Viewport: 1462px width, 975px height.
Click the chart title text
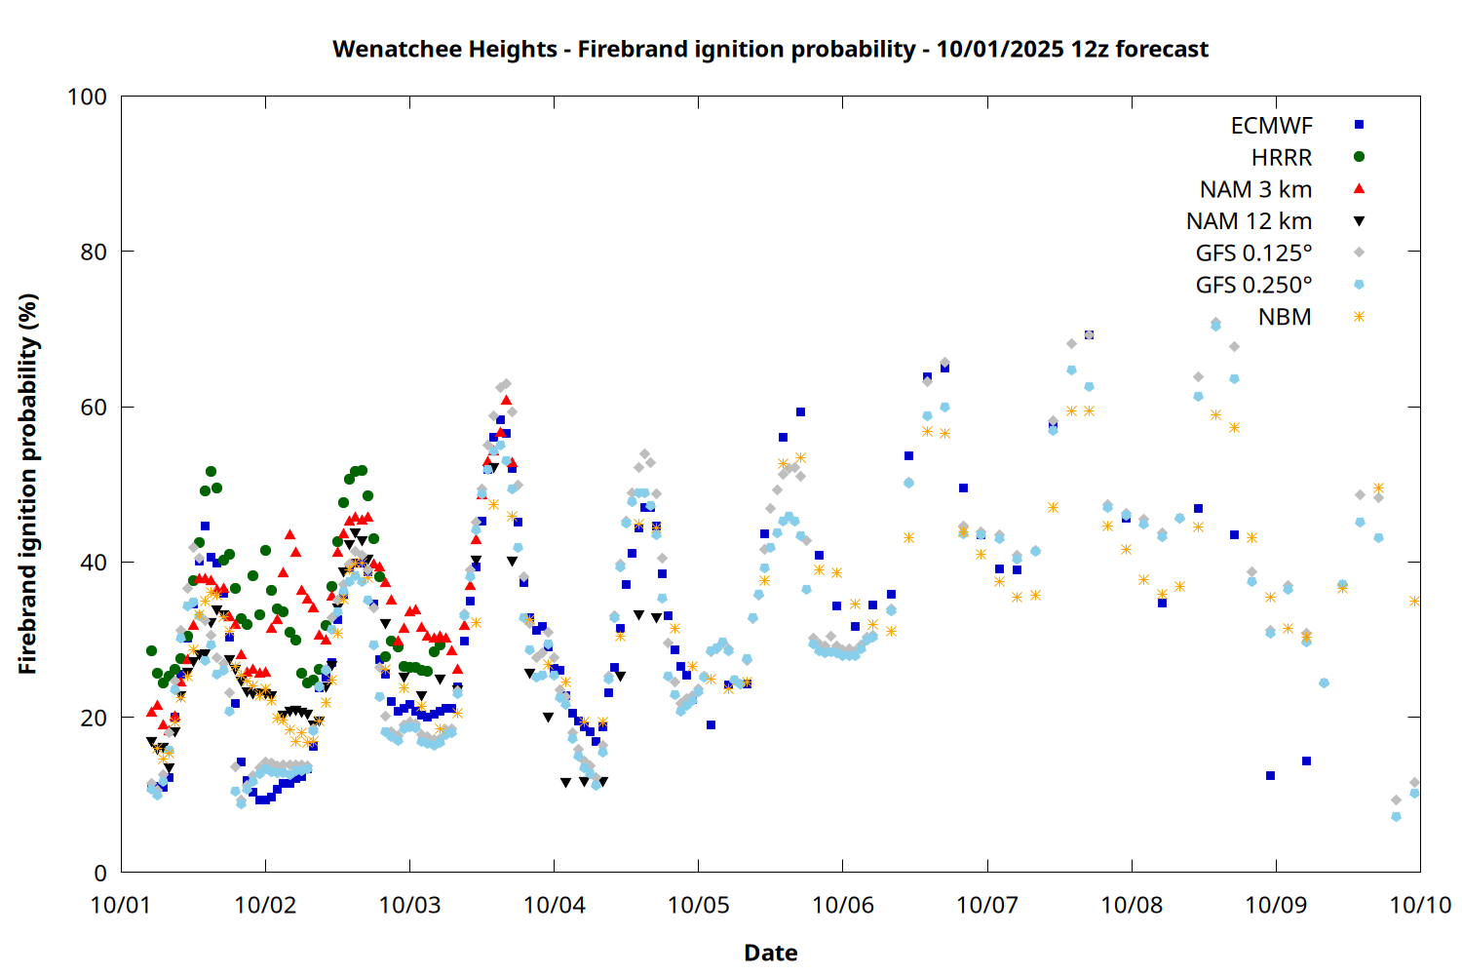pos(770,49)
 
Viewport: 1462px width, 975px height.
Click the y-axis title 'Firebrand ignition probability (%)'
pos(28,485)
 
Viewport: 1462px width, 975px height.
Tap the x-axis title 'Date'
pos(770,953)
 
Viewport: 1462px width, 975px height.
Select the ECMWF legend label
pos(1271,126)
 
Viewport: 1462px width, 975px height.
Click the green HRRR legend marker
pos(1359,157)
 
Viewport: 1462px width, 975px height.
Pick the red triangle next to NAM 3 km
pos(1359,188)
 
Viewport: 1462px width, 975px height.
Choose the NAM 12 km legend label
pos(1249,221)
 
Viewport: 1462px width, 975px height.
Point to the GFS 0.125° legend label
pos(1253,253)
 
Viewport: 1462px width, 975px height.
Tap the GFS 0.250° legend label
pos(1253,285)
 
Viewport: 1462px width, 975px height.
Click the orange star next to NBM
pos(1359,316)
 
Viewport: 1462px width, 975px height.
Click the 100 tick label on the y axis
pos(87,97)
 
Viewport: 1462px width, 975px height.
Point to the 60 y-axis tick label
pos(94,407)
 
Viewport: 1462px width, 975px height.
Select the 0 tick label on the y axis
pos(100,873)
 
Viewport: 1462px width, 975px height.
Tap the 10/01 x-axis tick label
pos(121,905)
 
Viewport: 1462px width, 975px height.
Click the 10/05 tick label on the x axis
pos(698,905)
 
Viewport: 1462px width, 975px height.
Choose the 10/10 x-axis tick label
pos(1420,905)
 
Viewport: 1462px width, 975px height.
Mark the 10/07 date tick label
pos(987,905)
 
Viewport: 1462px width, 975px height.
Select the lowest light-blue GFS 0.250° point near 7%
pos(1396,816)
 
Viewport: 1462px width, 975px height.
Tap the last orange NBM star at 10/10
pos(1414,601)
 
